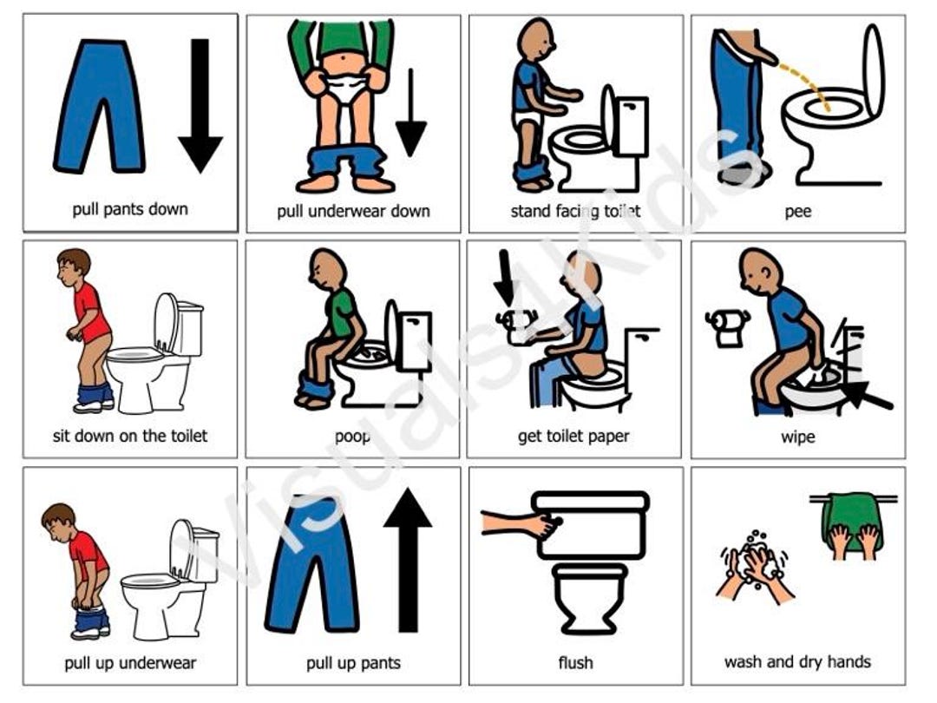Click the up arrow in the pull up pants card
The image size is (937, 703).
coord(407,555)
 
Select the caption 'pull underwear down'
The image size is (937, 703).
coord(353,211)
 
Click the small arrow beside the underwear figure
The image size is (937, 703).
coord(410,113)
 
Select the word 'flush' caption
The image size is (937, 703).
coord(575,663)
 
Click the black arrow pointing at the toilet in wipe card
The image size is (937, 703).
coord(868,396)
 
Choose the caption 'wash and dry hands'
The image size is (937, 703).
coord(797,662)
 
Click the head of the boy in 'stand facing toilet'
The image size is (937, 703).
coord(532,38)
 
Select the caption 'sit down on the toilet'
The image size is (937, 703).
coord(130,436)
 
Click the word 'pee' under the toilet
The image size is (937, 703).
coord(797,211)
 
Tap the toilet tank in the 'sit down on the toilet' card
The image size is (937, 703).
coord(189,316)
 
